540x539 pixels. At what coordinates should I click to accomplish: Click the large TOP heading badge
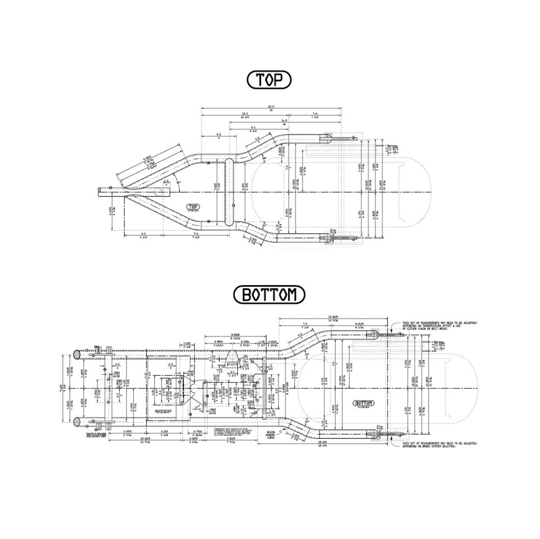click(269, 80)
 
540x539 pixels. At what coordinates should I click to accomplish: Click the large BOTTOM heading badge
click(269, 294)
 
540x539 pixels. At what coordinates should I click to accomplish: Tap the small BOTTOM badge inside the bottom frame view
click(364, 403)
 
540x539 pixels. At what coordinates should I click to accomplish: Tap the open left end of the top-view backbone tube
click(99, 192)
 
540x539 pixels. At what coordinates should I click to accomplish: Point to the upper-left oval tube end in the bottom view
click(77, 354)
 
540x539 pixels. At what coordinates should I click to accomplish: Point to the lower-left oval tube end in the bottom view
click(77, 422)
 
